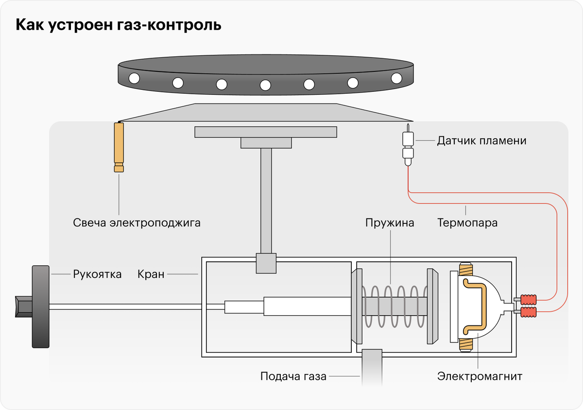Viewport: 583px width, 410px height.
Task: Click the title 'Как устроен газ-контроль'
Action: click(119, 25)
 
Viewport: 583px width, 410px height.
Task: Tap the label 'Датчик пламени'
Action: click(481, 141)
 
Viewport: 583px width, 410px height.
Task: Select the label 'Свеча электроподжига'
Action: click(137, 223)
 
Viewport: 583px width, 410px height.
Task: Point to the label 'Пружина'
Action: click(390, 223)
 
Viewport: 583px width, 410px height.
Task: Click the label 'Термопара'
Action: click(467, 223)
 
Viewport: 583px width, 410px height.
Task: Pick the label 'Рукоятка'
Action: click(97, 274)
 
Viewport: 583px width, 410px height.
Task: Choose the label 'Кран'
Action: click(151, 274)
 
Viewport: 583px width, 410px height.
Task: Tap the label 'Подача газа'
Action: click(293, 376)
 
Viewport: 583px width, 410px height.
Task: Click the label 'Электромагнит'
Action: click(480, 376)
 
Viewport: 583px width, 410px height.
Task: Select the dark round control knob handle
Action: click(40, 307)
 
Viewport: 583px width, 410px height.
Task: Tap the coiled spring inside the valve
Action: click(394, 307)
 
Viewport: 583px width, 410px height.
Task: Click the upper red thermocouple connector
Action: click(527, 299)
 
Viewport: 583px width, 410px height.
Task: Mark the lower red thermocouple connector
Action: click(527, 311)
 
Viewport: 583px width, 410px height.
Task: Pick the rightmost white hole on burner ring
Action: click(396, 78)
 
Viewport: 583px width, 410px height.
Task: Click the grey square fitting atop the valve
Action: click(266, 263)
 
